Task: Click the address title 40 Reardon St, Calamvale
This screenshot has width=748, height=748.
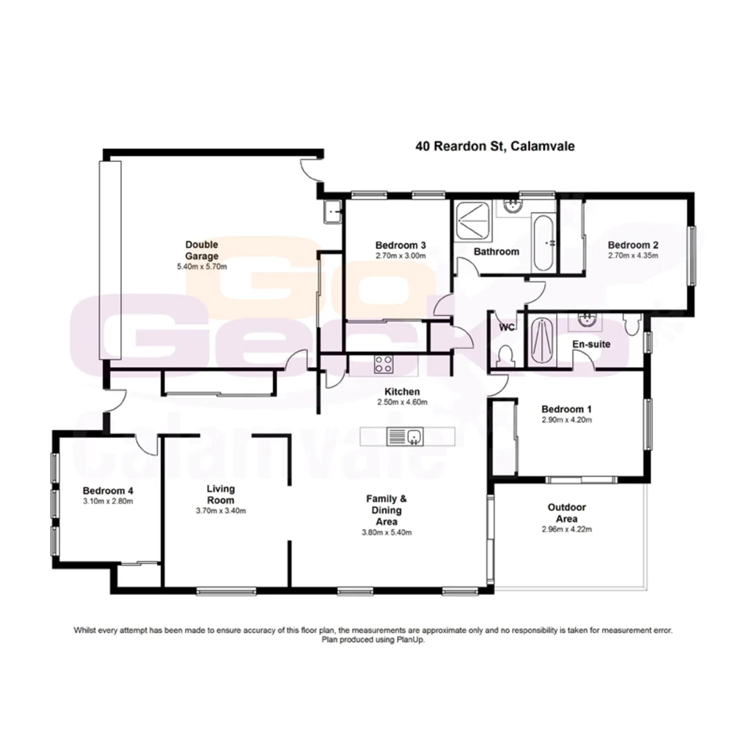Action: point(495,146)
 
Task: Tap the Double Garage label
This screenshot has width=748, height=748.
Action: point(202,250)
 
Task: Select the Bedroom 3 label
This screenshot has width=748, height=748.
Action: point(400,245)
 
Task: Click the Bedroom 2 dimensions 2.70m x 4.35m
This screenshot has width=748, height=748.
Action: point(632,256)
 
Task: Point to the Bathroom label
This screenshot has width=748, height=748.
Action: point(496,251)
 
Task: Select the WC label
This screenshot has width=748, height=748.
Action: point(506,328)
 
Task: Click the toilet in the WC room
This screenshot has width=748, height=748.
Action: point(506,355)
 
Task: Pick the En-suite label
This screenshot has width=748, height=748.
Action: point(590,344)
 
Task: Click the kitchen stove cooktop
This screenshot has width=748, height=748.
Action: point(384,364)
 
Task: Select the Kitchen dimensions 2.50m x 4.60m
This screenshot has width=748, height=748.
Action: point(398,402)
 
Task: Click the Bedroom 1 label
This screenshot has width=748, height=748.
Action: point(566,409)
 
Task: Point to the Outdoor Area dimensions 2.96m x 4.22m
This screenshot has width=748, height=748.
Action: point(566,529)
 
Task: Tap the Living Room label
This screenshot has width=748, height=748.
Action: point(220,495)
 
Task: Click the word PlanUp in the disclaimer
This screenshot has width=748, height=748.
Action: point(411,640)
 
